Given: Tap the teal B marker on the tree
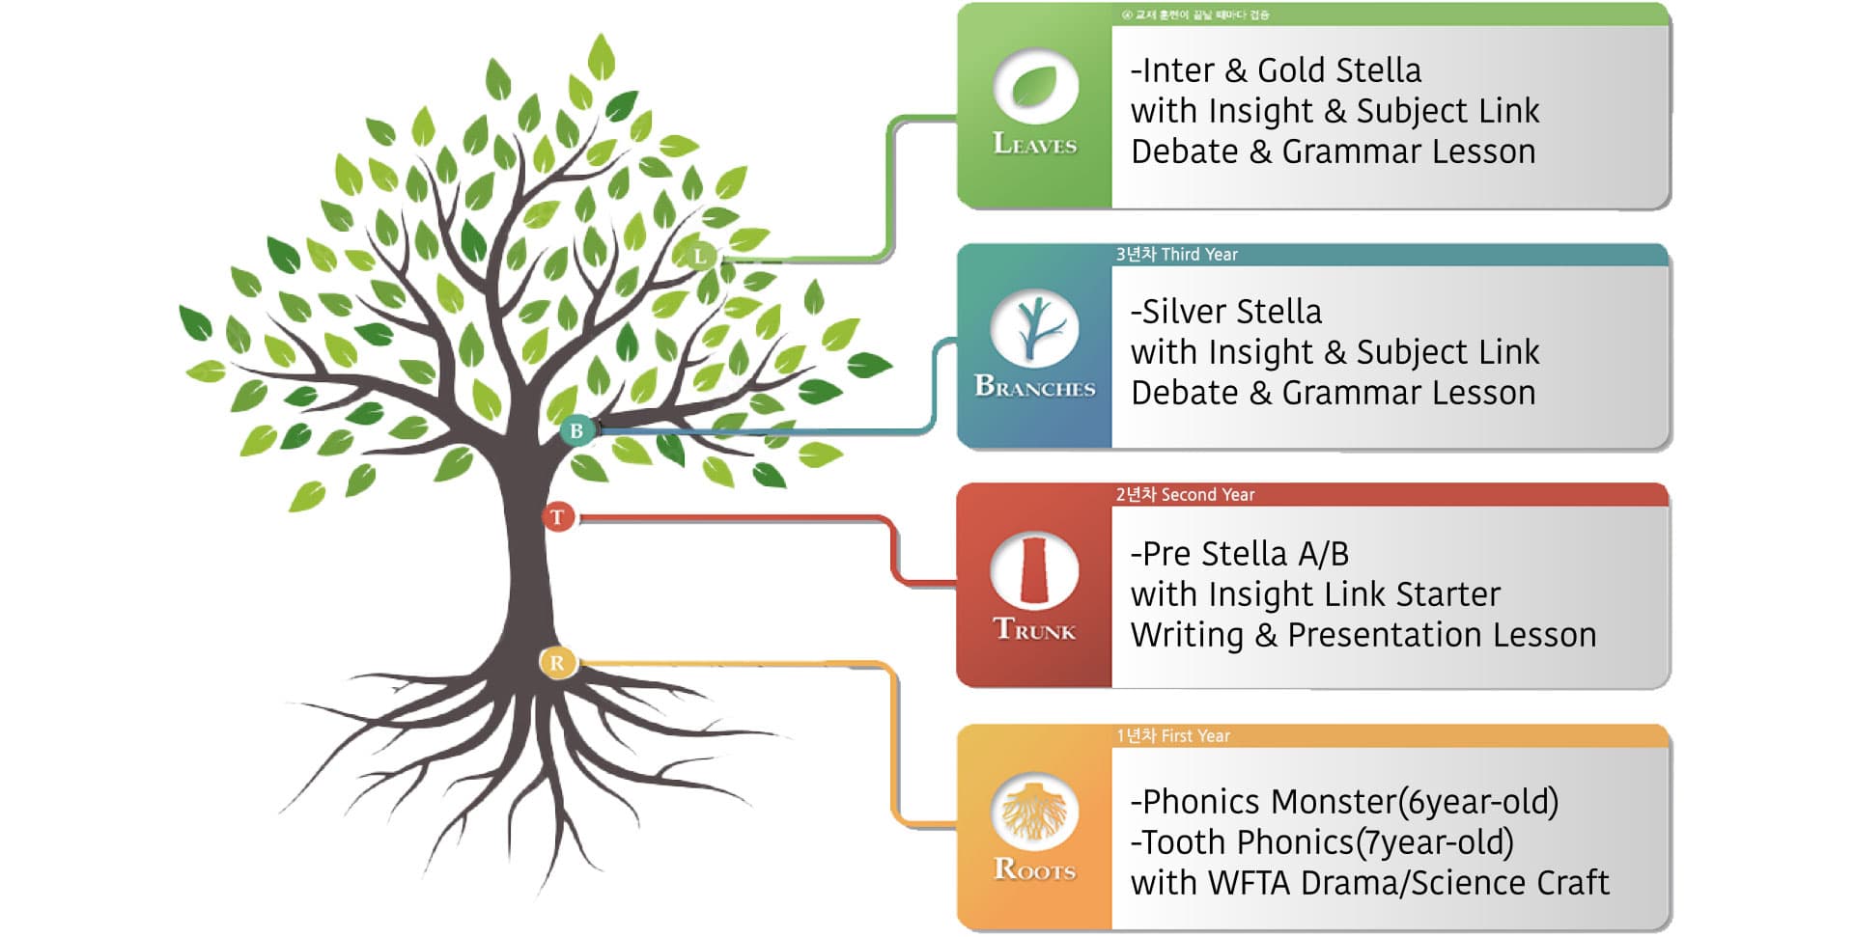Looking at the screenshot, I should pyautogui.click(x=576, y=430).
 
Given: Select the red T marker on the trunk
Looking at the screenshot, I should pyautogui.click(x=558, y=517).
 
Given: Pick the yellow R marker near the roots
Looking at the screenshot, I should pyautogui.click(x=557, y=663).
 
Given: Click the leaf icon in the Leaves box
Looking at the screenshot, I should pyautogui.click(x=1035, y=87).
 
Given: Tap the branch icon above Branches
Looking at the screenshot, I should pyautogui.click(x=1035, y=328).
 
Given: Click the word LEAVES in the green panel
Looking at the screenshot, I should pyautogui.click(x=1035, y=145).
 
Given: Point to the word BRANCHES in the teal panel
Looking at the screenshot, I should pyautogui.click(x=1035, y=387).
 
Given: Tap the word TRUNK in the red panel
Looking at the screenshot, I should pyautogui.click(x=1035, y=630).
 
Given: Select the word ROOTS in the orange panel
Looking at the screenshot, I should pyautogui.click(x=1035, y=869).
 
